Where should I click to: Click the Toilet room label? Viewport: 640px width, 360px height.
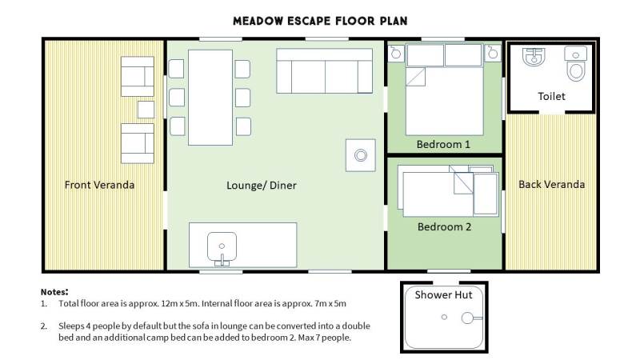(551, 96)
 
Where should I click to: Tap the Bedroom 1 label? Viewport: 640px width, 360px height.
(443, 145)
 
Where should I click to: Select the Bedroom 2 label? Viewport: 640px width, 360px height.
(444, 227)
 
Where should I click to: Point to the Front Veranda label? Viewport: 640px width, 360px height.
(99, 185)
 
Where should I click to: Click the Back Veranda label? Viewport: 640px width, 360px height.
(551, 185)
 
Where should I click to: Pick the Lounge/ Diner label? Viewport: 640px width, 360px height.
(262, 186)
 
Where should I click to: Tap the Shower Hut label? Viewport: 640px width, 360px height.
(443, 295)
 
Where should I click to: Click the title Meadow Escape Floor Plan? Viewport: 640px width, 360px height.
(320, 22)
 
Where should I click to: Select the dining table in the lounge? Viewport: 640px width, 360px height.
(210, 98)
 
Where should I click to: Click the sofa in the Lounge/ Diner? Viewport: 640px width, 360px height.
(325, 71)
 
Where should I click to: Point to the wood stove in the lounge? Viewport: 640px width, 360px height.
(361, 155)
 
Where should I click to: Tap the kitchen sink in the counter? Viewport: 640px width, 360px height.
(222, 247)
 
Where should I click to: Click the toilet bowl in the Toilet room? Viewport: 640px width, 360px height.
(575, 65)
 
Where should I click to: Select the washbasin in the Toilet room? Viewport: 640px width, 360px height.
(534, 56)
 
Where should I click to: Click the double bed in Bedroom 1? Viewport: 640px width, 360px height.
(445, 90)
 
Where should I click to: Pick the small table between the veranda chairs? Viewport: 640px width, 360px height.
(146, 110)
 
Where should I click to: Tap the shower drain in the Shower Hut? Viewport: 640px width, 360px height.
(444, 317)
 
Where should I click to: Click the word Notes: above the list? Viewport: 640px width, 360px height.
(54, 292)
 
